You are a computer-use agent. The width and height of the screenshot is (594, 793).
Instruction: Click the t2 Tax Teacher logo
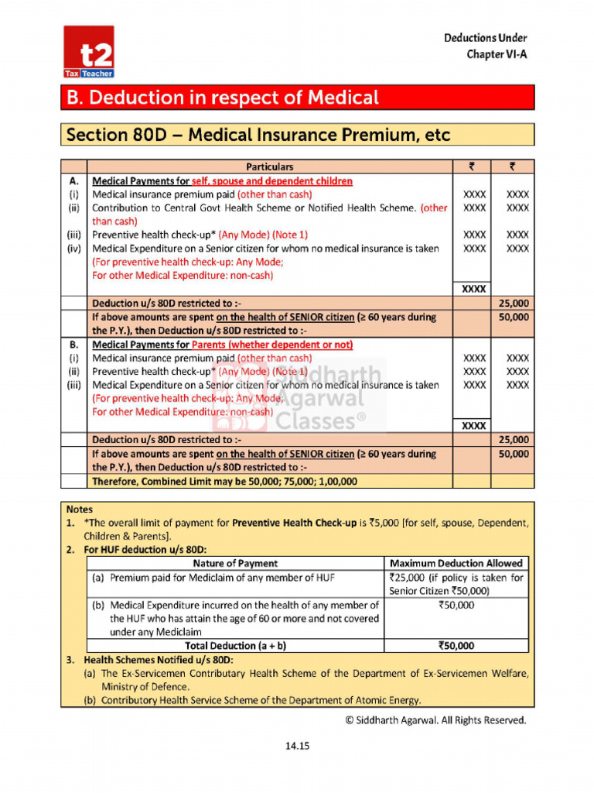[89, 52]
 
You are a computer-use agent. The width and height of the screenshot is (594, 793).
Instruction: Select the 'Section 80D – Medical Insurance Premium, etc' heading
[258, 135]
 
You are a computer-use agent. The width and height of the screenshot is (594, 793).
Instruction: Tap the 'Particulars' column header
[269, 166]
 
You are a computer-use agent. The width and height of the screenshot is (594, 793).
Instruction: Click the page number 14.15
[297, 746]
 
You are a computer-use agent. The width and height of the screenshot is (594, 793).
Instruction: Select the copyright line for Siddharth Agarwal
[435, 720]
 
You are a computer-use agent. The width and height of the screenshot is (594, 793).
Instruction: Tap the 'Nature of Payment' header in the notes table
[234, 563]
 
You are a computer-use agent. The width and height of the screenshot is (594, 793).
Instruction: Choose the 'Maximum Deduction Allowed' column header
[456, 563]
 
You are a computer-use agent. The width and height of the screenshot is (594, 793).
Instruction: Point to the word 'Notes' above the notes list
[80, 510]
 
